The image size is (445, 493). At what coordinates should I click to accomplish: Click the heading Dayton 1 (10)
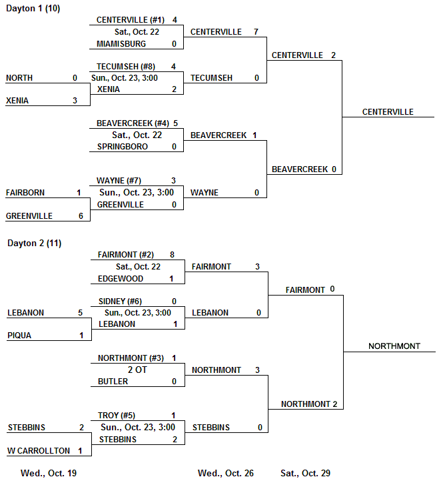point(33,9)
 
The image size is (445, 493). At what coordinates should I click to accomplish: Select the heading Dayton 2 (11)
point(34,243)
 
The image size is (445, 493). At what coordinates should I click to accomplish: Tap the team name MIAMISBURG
point(121,44)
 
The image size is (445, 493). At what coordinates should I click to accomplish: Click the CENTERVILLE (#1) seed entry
point(131,20)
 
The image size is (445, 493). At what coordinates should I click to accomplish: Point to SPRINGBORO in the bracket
point(123,147)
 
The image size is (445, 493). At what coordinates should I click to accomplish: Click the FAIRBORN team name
point(25,193)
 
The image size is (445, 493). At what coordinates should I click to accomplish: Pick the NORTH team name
point(19,78)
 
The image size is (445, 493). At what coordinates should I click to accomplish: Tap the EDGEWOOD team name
point(121,279)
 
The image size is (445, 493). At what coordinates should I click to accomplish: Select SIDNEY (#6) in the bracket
point(120,302)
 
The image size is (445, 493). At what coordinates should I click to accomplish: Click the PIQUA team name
point(19,336)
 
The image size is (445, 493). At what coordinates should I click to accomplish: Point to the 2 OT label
point(137,370)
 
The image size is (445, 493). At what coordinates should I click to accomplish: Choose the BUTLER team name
point(113,382)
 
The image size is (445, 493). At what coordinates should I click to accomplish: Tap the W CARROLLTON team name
point(39,451)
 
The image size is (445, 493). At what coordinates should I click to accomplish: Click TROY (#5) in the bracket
point(118,416)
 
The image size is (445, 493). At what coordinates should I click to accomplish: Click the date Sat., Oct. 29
point(305,474)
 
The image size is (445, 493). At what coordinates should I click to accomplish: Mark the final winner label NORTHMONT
point(394,346)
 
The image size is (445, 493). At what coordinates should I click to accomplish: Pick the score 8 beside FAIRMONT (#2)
point(172,255)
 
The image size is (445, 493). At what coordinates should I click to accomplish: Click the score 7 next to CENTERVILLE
point(256,32)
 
